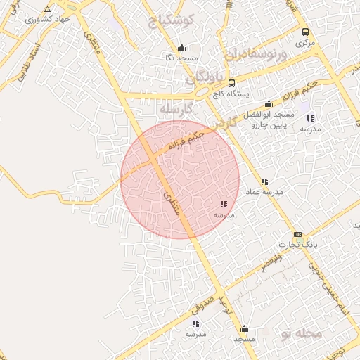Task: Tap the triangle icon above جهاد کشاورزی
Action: click(x=47, y=9)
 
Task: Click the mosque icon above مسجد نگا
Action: click(x=183, y=48)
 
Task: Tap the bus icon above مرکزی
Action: click(x=305, y=32)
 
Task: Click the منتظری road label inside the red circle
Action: click(x=172, y=202)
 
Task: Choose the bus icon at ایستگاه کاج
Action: click(x=232, y=83)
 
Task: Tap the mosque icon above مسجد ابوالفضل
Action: click(x=269, y=104)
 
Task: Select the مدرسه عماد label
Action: click(x=264, y=191)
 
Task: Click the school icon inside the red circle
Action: click(x=224, y=204)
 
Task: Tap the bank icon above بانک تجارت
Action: click(x=297, y=235)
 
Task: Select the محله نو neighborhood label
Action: click(x=301, y=332)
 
